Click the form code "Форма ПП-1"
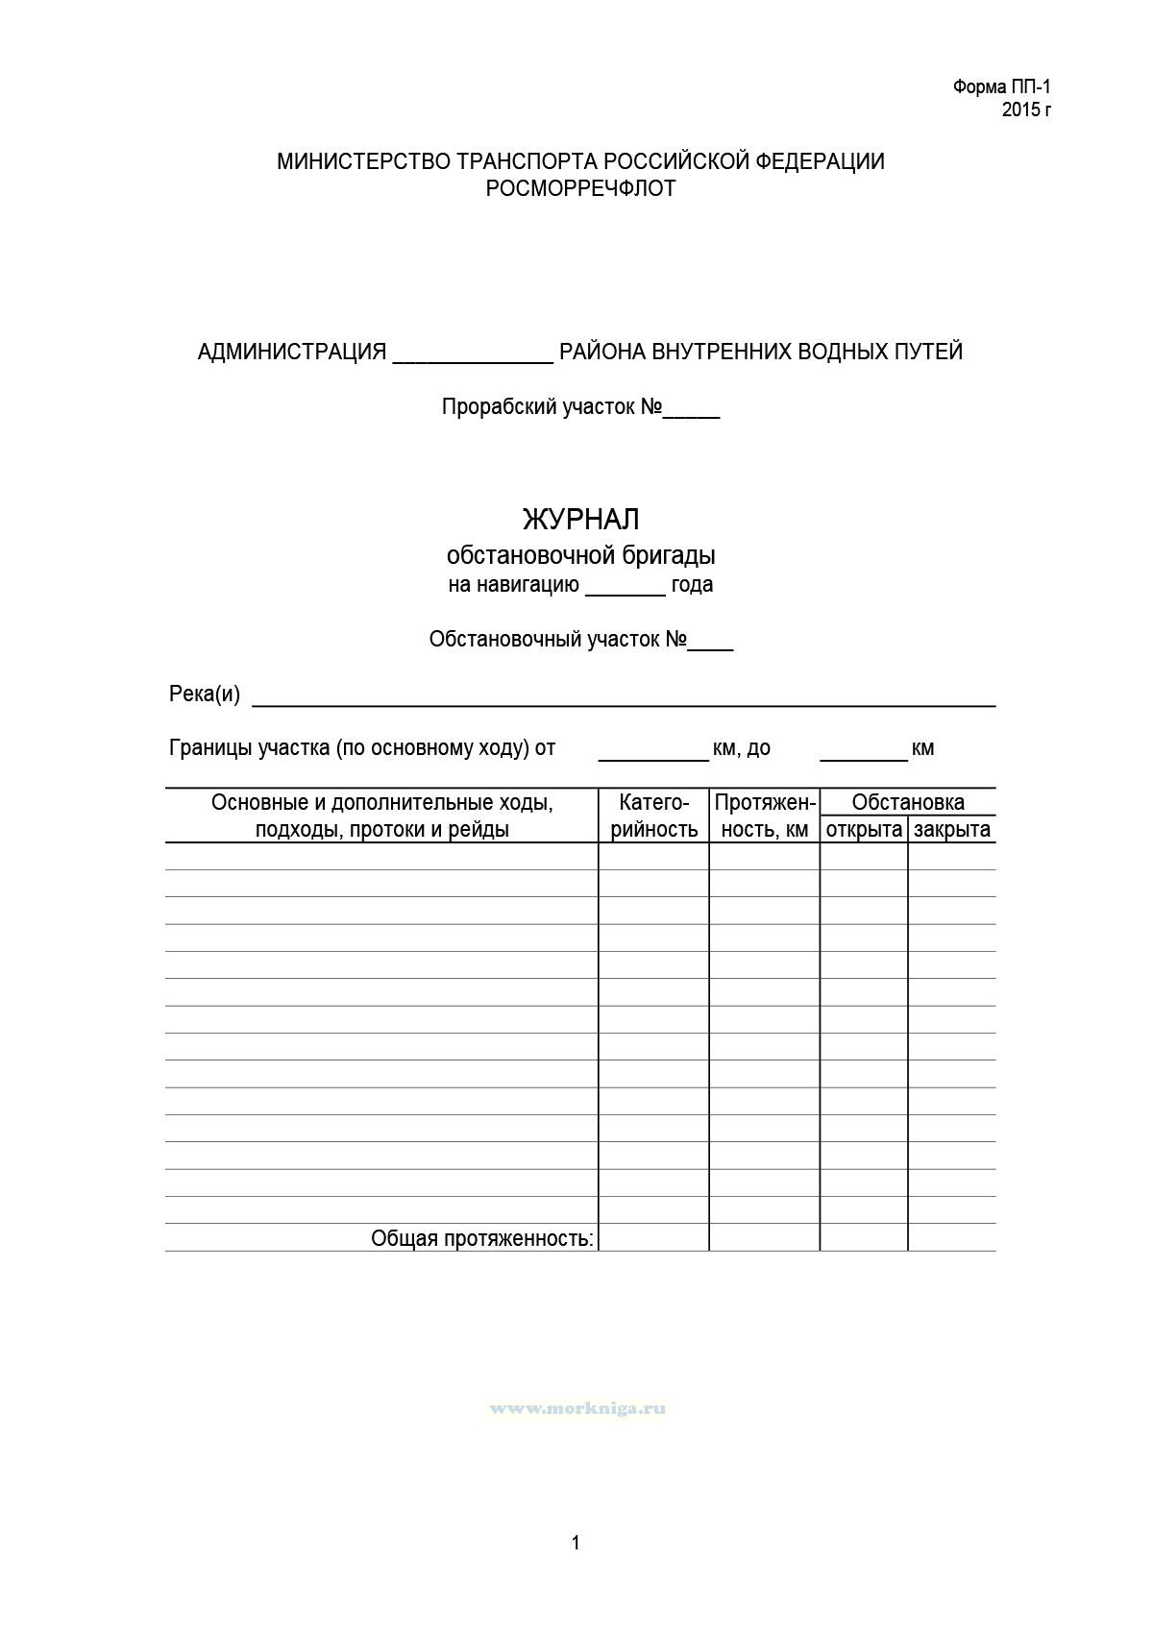(1002, 87)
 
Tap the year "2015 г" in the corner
(1026, 110)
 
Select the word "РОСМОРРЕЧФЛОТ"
(580, 188)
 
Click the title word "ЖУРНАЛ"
(580, 520)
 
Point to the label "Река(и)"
(205, 694)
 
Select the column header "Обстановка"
(908, 802)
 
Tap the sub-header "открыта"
(864, 830)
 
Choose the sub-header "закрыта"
(952, 830)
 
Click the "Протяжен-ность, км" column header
(765, 816)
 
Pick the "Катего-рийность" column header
(654, 816)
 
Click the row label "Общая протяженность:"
(482, 1239)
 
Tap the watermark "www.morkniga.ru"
(577, 1409)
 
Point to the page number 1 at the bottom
(576, 1544)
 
